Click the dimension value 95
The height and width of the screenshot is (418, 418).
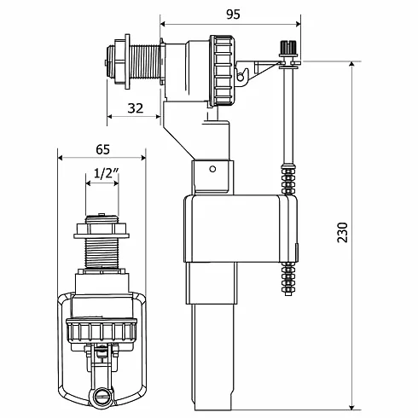[x=233, y=15]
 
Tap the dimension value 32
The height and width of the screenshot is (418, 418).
[x=135, y=108]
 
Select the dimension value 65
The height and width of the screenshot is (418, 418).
[x=102, y=149]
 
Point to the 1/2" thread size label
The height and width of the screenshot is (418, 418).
[x=106, y=172]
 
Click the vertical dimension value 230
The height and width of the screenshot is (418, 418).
[x=343, y=232]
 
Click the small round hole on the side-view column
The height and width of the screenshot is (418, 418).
[x=212, y=169]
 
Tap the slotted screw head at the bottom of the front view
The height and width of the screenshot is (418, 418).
[x=101, y=396]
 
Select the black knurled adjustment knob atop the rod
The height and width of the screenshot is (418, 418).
[x=288, y=48]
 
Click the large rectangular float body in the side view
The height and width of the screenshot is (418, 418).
[x=241, y=229]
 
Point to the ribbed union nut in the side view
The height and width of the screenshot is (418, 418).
[x=222, y=71]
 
